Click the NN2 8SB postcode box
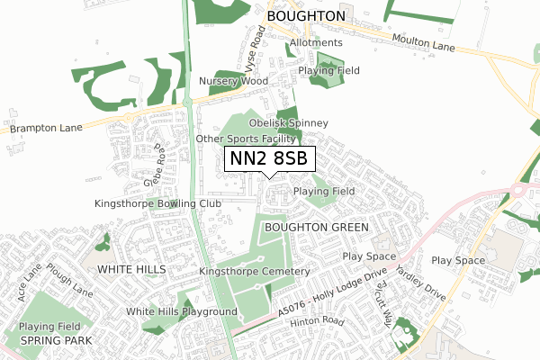pos(269,158)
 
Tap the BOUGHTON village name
pos(305,16)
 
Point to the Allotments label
pos(316,42)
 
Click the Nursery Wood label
pos(234,81)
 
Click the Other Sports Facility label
pos(247,139)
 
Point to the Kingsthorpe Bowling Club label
pos(157,204)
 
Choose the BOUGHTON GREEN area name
pos(316,228)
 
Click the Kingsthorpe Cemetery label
pos(255,271)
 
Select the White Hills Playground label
pos(181,312)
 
